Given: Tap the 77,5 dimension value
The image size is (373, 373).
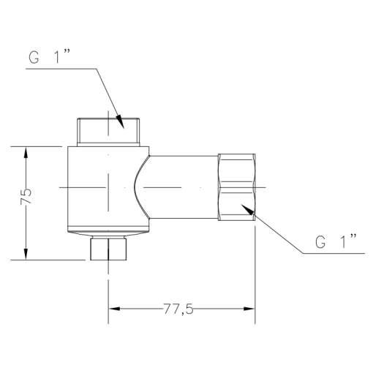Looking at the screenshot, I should (178, 309).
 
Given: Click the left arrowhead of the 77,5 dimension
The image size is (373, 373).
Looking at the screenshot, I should (116, 309).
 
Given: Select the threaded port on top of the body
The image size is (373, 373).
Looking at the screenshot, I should (109, 131).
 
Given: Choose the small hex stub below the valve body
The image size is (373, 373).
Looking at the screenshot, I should (109, 249).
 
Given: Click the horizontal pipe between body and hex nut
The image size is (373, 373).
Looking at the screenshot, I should (183, 187).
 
